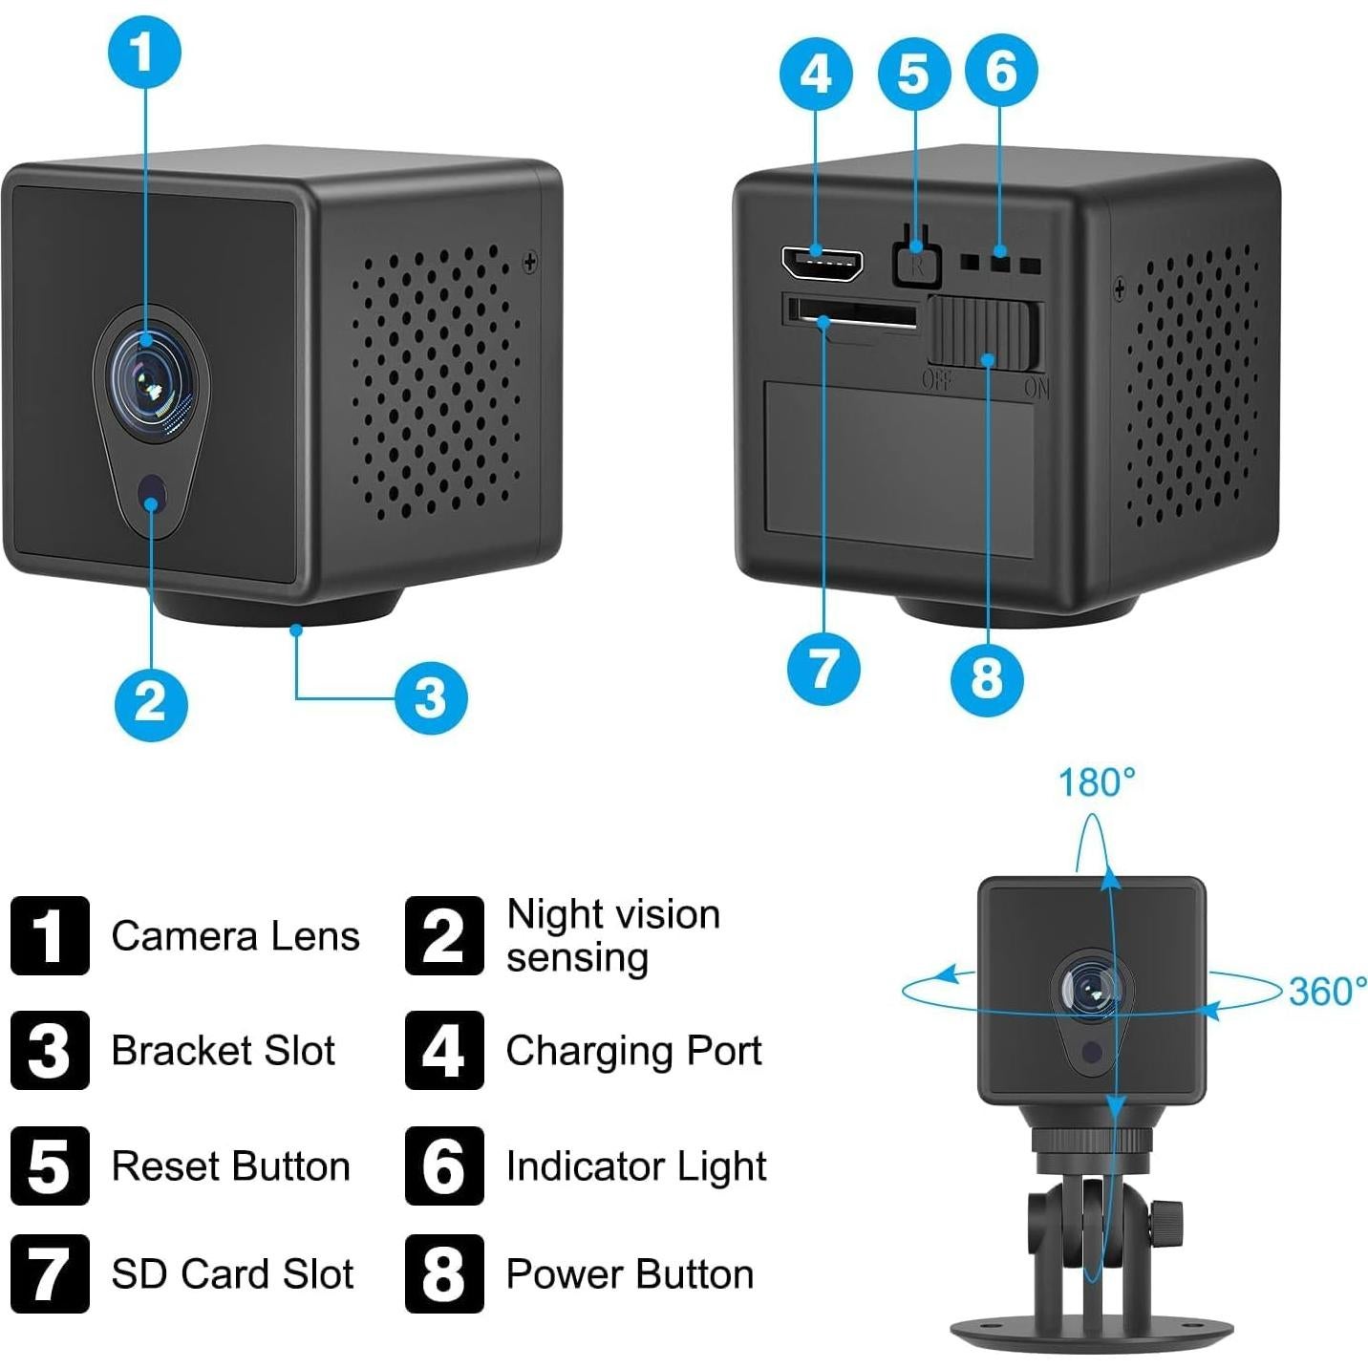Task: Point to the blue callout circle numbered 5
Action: [x=913, y=74]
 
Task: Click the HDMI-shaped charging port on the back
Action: [x=822, y=263]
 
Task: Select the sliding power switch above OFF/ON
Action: [x=983, y=333]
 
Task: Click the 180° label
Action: [x=1096, y=783]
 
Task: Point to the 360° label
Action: [x=1326, y=992]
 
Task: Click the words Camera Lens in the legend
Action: [x=235, y=936]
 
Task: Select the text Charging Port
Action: [x=633, y=1051]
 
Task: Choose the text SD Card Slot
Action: [x=232, y=1274]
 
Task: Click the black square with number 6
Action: [x=444, y=1165]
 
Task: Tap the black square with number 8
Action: [x=444, y=1273]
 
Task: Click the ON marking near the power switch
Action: [x=1037, y=388]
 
